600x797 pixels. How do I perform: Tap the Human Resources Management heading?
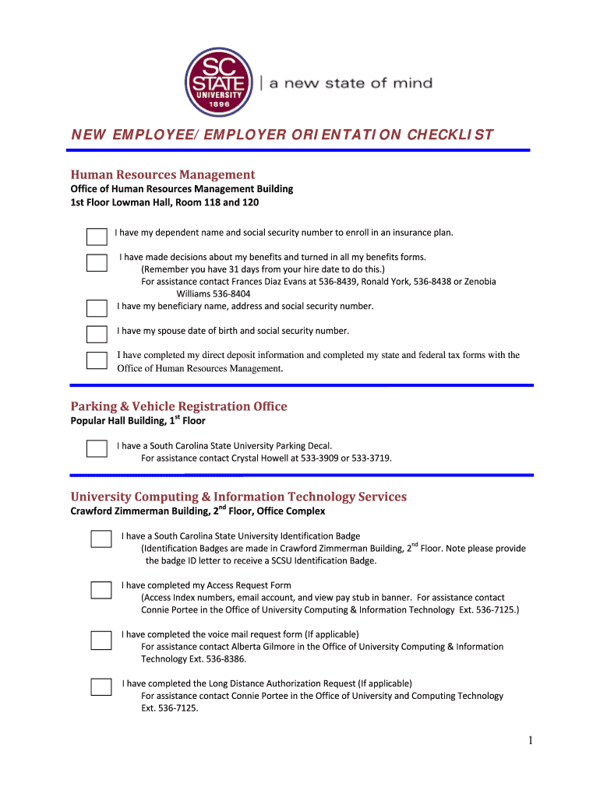click(163, 174)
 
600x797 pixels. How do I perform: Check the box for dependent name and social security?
click(97, 237)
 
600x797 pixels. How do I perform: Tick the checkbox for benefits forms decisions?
click(97, 262)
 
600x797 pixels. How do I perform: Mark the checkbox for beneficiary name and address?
click(97, 308)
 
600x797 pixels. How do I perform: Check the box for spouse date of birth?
click(97, 335)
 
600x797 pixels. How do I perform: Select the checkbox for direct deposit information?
click(97, 360)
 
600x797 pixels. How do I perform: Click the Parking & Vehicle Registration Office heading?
click(178, 406)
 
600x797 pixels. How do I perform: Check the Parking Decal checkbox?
click(97, 449)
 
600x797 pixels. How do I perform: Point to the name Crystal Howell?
click(260, 458)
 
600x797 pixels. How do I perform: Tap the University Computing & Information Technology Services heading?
click(238, 497)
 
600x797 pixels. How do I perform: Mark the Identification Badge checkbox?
click(101, 539)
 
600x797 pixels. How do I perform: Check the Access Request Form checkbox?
click(101, 589)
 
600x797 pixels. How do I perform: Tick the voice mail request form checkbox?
click(101, 640)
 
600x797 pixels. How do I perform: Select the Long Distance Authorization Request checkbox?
click(101, 686)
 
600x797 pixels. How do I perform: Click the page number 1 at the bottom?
click(530, 741)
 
